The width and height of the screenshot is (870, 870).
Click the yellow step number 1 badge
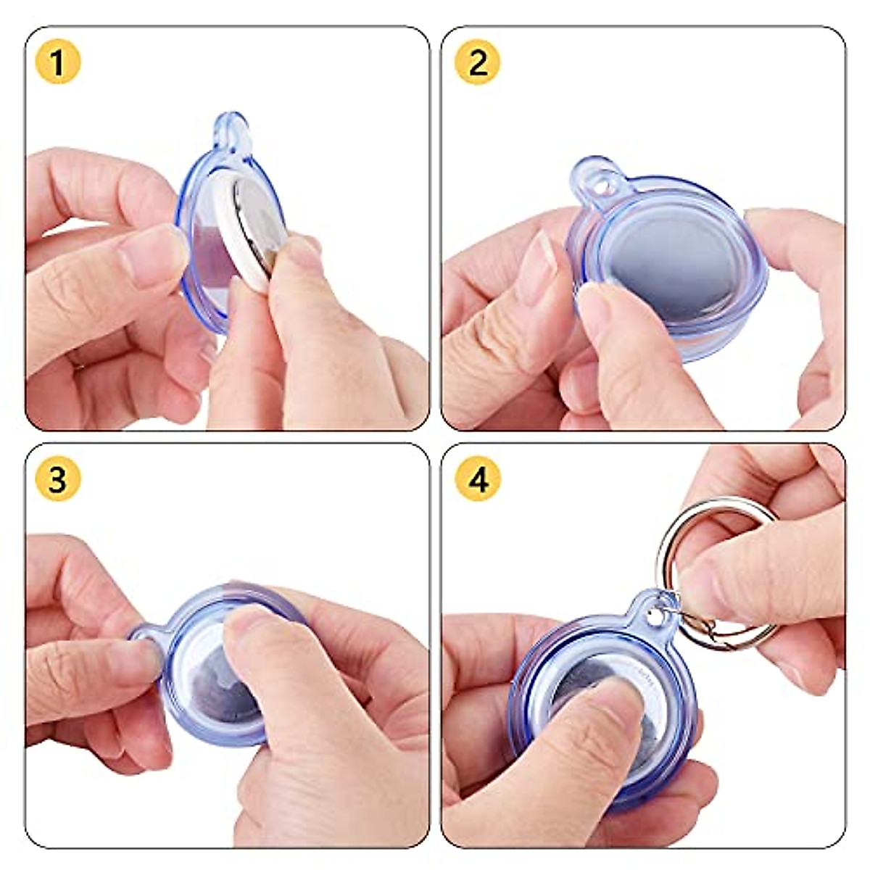click(x=58, y=63)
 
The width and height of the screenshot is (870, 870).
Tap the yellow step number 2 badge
click(x=477, y=63)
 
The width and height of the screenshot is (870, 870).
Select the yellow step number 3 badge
click(x=58, y=479)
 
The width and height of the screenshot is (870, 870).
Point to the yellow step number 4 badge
click(x=477, y=479)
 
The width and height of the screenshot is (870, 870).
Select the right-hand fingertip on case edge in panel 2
click(x=768, y=225)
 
